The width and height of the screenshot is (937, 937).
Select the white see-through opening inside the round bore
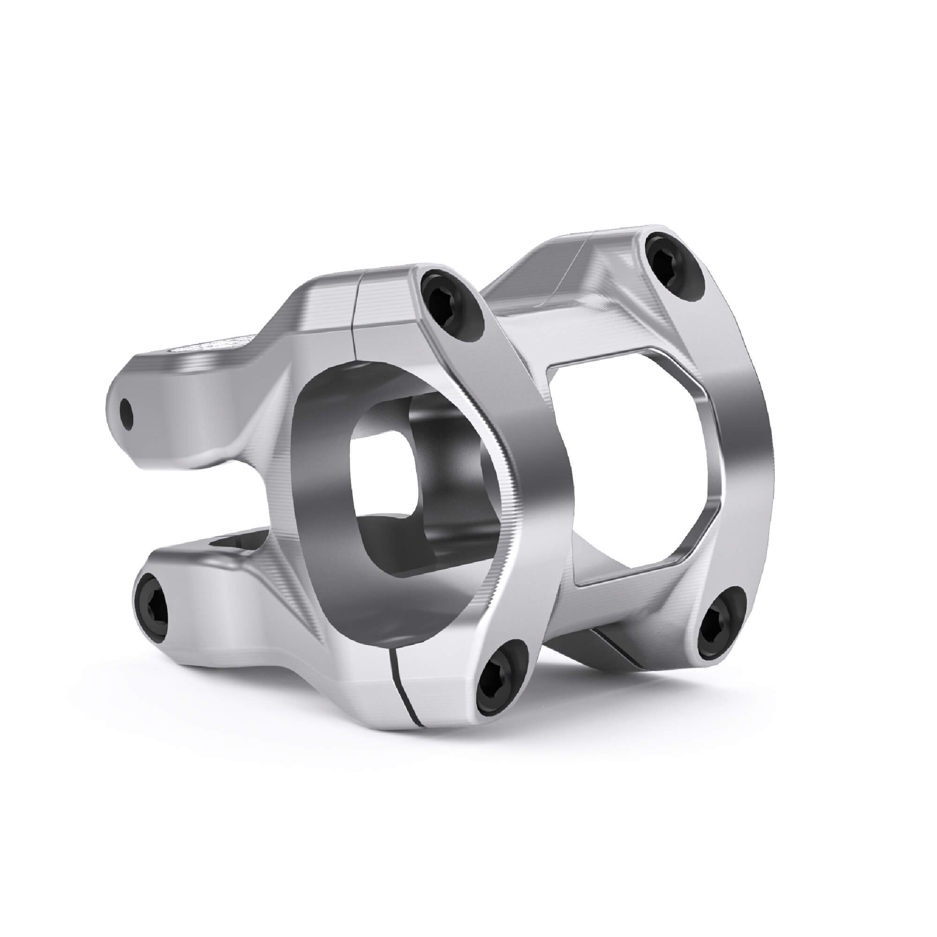tap(383, 466)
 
